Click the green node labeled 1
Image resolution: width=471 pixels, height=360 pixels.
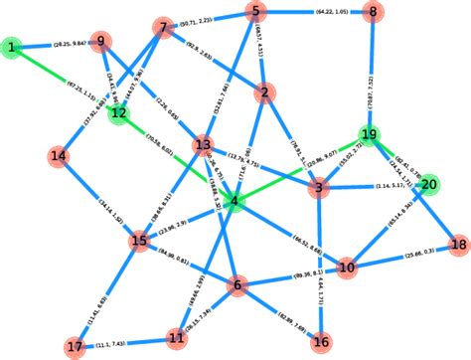coord(11,48)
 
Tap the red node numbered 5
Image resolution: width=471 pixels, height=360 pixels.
coord(256,12)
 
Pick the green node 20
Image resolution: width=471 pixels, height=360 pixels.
coord(429,184)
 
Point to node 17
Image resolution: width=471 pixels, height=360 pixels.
coord(76,347)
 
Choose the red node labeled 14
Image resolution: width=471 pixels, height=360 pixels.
coord(60,156)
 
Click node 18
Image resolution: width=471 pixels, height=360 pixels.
coord(458,244)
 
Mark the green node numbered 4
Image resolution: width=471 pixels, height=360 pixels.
coord(235,202)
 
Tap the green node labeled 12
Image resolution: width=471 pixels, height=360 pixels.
coord(119,113)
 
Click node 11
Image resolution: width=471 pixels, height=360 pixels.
coord(178,335)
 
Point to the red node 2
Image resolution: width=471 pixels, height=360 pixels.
coord(263,93)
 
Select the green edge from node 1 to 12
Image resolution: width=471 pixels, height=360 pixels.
coord(66,81)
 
